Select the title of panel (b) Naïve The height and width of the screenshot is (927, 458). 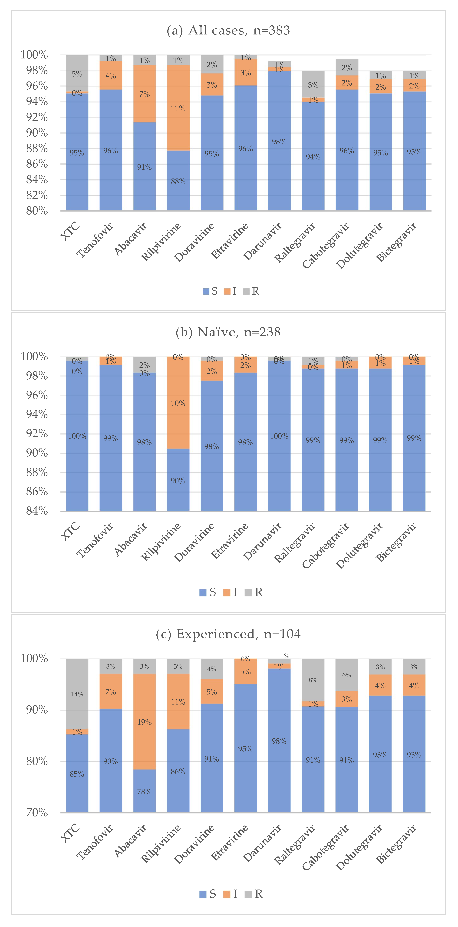pos(228,332)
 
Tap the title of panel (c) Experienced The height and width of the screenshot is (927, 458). pos(228,634)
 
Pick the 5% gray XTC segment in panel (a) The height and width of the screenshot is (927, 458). pos(77,73)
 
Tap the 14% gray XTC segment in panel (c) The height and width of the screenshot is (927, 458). pos(77,694)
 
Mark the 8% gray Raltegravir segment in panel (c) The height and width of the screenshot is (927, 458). pos(313,680)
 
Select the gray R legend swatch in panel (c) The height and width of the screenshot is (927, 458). pos(248,894)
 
